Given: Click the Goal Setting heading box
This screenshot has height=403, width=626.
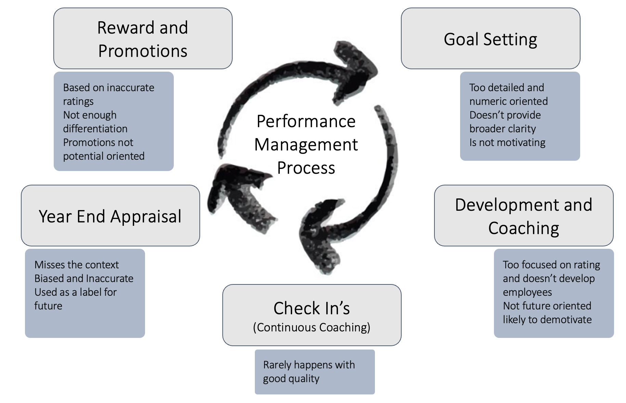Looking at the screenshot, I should point(490,39).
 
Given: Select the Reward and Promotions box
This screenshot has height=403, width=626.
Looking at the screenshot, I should point(143,39).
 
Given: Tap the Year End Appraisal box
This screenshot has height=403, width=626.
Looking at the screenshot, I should point(110,216).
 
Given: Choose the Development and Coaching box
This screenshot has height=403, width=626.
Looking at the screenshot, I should point(523,216).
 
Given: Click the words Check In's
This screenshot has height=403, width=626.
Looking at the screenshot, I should point(312,308).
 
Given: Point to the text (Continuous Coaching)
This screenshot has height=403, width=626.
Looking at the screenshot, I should point(312,327).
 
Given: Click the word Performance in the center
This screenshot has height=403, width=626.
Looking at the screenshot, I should point(306,121).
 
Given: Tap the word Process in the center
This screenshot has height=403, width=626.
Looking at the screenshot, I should point(306,168).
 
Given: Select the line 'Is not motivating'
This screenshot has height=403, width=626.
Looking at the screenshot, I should point(507,142).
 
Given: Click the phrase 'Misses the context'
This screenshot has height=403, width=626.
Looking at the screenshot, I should point(77,265).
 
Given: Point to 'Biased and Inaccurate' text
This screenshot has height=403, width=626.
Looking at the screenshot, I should point(84,278).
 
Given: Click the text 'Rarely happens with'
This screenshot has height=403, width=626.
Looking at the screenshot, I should point(309,365).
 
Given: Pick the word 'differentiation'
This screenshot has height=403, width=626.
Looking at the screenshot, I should point(95,129).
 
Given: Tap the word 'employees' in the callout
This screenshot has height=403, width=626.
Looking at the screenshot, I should point(527,292).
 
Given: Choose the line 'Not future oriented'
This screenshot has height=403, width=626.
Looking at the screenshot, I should point(547,306).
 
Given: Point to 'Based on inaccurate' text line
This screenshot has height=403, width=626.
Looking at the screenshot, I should point(108,87).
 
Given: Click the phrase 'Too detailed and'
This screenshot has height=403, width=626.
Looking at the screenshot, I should point(506,87).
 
